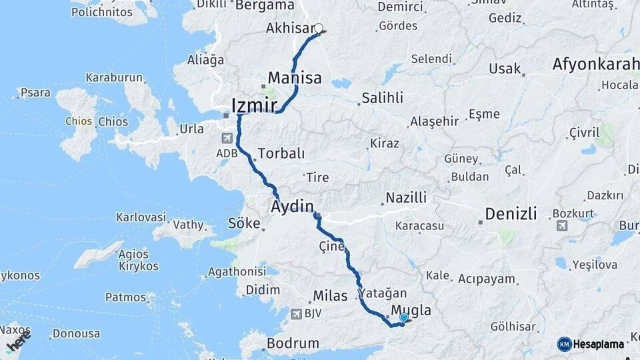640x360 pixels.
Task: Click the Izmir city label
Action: [254, 105]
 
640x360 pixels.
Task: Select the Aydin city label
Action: [292, 207]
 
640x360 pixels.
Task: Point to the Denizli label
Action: [511, 214]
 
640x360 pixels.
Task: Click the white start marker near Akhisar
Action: [319, 29]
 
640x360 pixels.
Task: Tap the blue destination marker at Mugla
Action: [403, 318]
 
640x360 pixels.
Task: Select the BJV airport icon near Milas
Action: [296, 313]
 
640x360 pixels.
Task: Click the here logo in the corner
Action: [18, 344]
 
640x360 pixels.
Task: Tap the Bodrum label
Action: [293, 344]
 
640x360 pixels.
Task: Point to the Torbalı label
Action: [281, 153]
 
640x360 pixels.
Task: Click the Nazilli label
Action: [404, 197]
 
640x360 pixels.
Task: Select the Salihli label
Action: [382, 98]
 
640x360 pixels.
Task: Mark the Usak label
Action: [505, 68]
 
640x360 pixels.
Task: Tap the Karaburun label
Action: [113, 77]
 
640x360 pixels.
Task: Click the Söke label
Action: [243, 223]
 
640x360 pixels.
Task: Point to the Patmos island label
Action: [125, 297]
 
